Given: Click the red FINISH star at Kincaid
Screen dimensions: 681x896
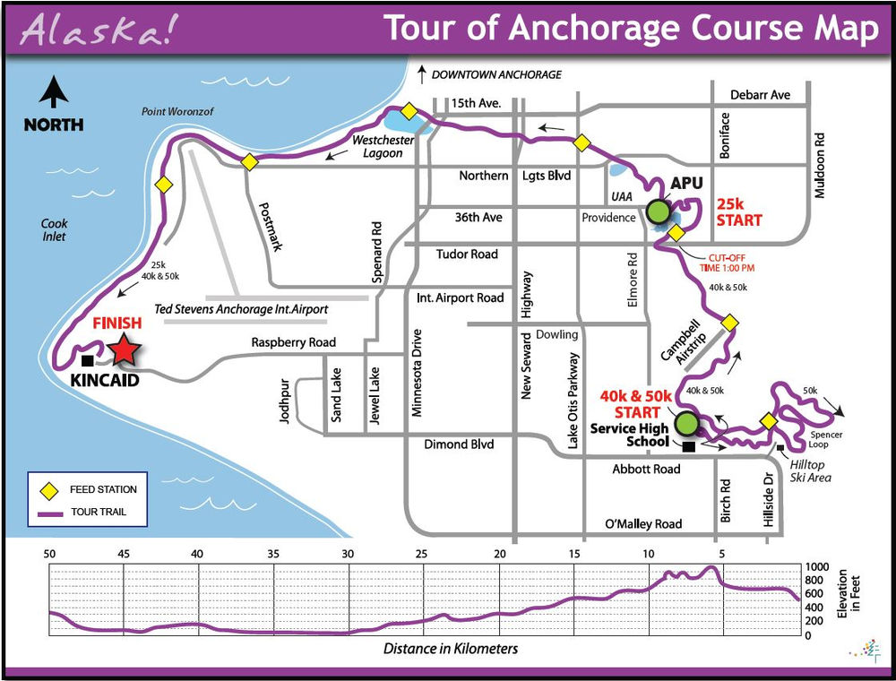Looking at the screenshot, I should (x=124, y=351).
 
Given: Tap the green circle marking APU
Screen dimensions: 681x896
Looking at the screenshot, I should (x=658, y=211).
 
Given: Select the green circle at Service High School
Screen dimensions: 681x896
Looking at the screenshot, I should (x=686, y=422).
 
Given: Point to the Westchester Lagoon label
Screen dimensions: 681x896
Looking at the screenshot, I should (x=377, y=147).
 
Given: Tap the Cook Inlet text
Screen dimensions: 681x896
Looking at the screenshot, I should (x=54, y=230).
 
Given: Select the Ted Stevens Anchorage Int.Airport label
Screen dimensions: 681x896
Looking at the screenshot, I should (x=242, y=309).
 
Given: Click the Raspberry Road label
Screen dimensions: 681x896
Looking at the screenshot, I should (x=293, y=342).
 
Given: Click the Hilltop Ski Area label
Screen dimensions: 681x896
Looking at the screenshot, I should (x=811, y=471).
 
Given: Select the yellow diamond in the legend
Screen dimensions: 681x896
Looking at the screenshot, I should (x=52, y=490).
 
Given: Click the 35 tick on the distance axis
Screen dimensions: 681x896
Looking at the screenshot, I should (x=274, y=554).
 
